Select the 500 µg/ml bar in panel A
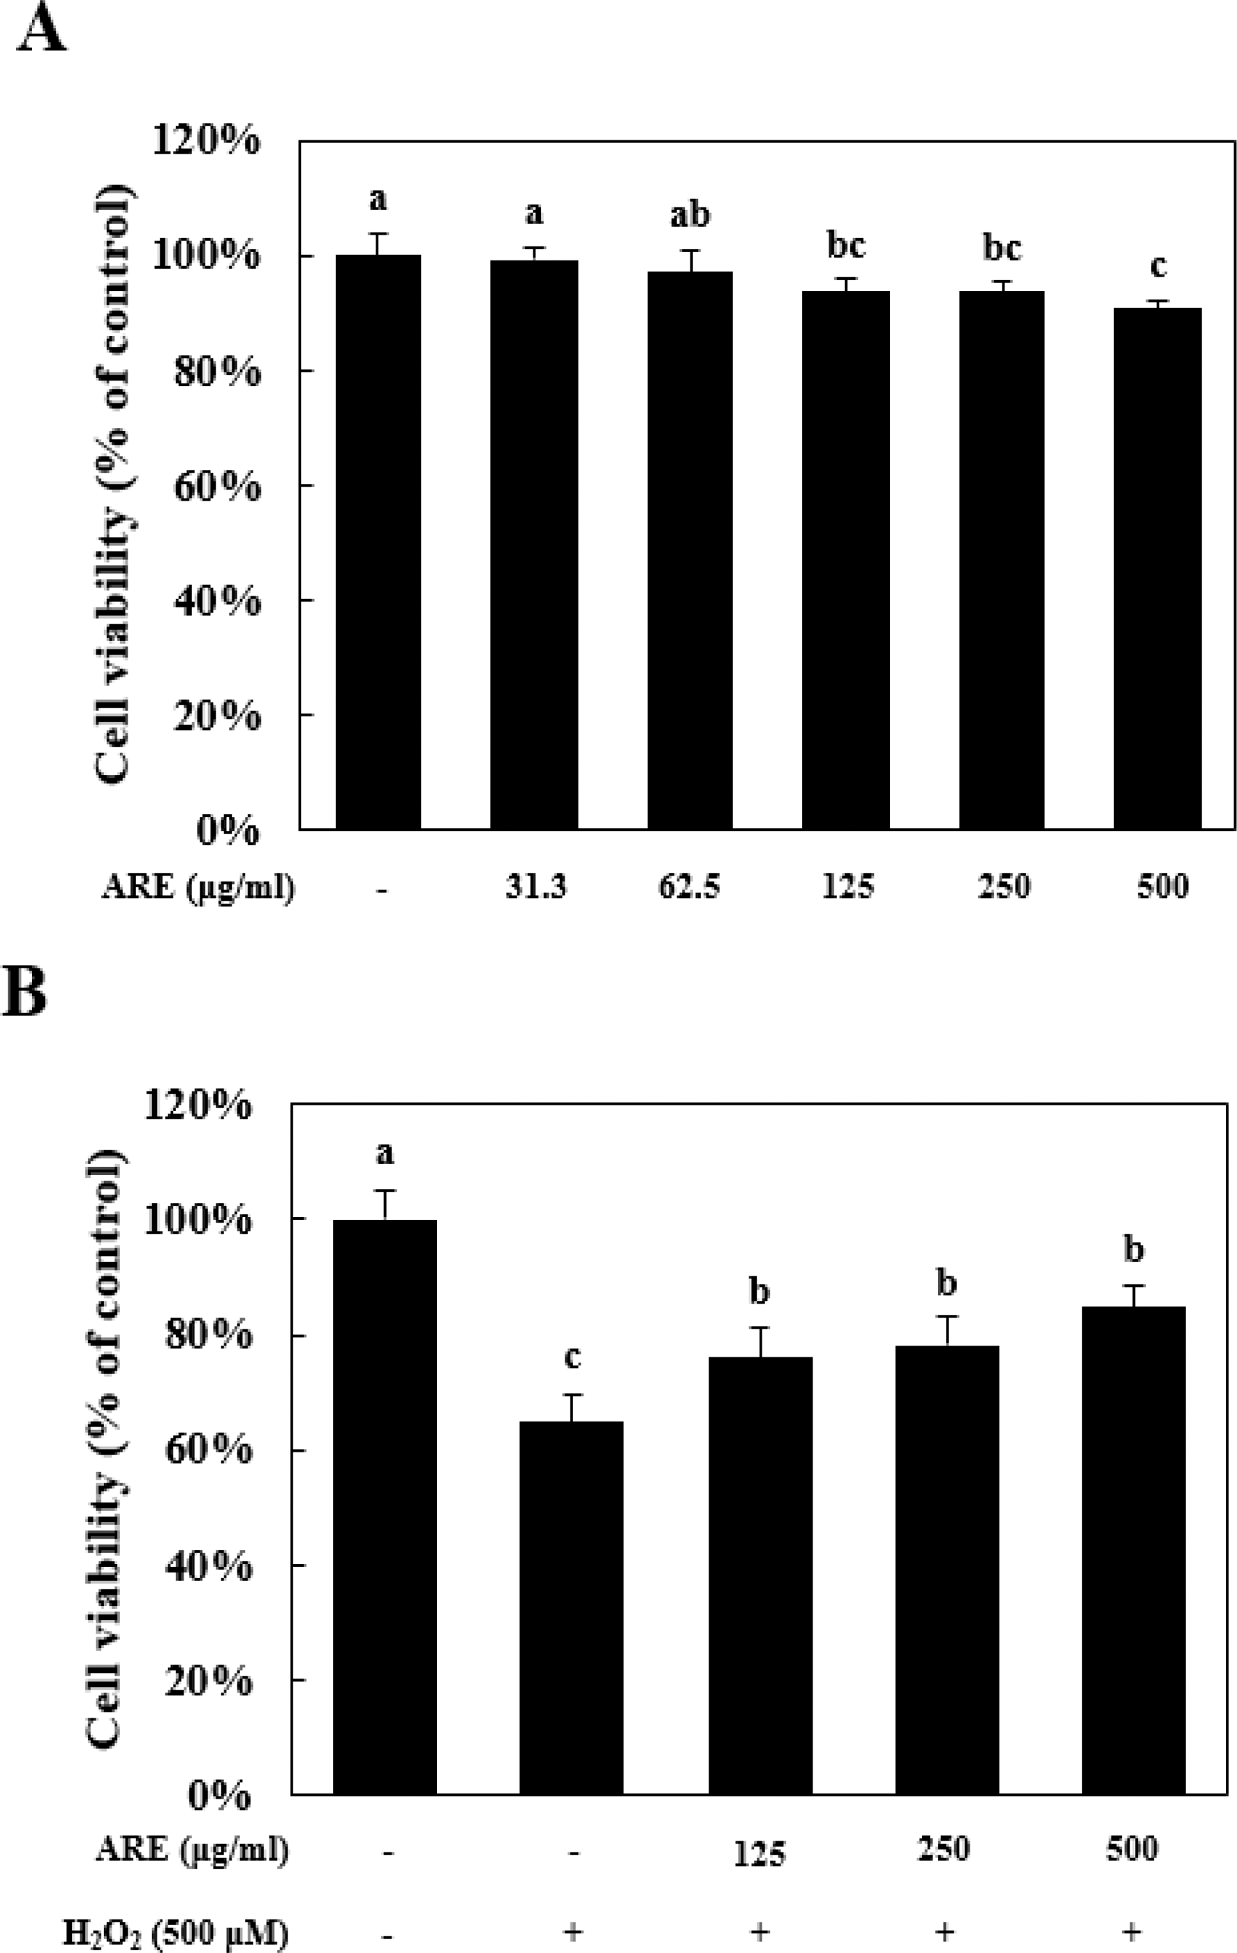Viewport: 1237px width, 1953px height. (x=1157, y=568)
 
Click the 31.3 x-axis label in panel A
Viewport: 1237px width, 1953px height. (x=535, y=887)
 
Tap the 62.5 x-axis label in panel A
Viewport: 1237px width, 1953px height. (x=689, y=887)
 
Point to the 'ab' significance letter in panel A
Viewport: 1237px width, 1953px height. (x=690, y=215)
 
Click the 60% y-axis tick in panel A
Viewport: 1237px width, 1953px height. (x=216, y=487)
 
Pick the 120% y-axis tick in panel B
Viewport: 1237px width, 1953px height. (x=197, y=1105)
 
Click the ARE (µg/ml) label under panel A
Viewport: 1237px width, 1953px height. (x=198, y=887)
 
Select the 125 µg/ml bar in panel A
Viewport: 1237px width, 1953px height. (x=845, y=559)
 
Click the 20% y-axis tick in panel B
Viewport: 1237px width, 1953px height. (x=207, y=1681)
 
